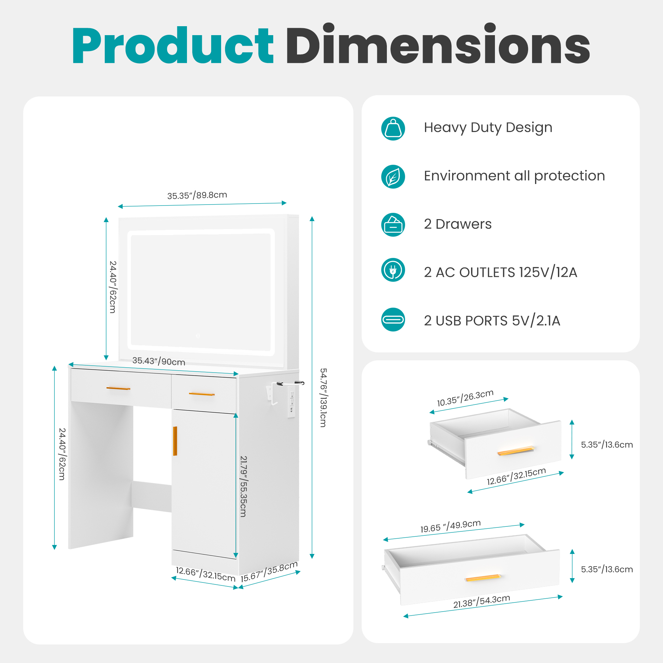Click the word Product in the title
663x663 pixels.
pos(173,45)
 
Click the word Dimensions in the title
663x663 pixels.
pos(438,43)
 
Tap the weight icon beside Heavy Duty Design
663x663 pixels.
pos(393,129)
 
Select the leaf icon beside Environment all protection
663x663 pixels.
pos(393,177)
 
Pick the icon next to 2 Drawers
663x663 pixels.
pos(393,225)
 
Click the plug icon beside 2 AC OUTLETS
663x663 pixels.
pos(393,270)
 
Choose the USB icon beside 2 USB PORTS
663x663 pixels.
pos(393,320)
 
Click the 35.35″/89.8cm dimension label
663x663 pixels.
pos(197,195)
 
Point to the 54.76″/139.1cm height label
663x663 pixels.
pos(323,398)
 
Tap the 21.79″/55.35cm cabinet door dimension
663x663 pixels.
pos(243,487)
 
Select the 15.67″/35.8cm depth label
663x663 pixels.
pos(269,572)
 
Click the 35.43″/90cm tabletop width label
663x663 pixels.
pos(158,361)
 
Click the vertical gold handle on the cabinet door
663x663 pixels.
pos(175,441)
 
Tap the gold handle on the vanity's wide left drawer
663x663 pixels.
pos(118,389)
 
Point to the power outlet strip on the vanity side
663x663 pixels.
pos(292,401)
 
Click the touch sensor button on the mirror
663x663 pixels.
pos(198,336)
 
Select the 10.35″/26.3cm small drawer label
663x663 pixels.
pos(465,398)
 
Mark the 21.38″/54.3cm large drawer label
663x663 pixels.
pos(481,601)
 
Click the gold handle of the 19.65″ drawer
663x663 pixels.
pos(483,578)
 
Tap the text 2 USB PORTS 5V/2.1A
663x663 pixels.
pos(492,321)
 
